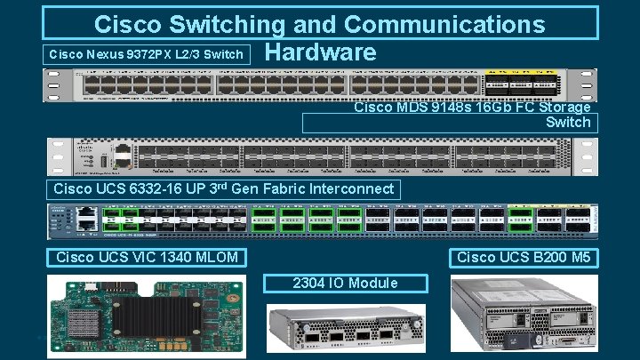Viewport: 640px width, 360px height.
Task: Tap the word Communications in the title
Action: [444, 24]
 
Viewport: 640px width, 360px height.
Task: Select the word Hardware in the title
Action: [320, 52]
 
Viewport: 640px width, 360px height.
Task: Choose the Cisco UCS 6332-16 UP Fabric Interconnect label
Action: [223, 188]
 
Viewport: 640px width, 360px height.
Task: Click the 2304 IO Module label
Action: [347, 283]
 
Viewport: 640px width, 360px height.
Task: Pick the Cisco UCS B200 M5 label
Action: [524, 258]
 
